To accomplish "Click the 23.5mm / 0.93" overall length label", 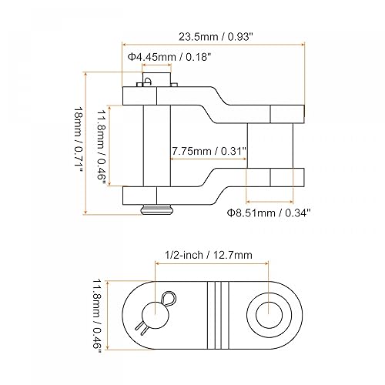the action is coord(216,37).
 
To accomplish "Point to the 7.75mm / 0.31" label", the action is coord(209,151).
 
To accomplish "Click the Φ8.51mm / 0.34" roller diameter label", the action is coord(269,213).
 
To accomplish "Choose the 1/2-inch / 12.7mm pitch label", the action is coord(209,255).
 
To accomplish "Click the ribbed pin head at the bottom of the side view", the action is coord(156,209).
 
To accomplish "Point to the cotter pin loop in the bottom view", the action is coord(169,298).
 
